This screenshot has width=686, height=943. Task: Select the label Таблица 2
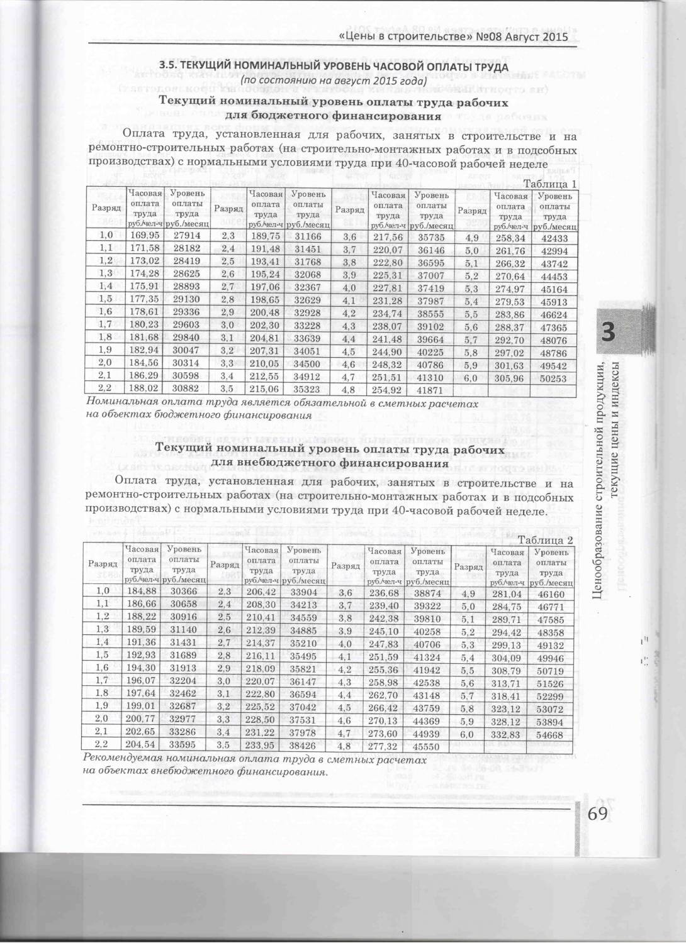point(545,540)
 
